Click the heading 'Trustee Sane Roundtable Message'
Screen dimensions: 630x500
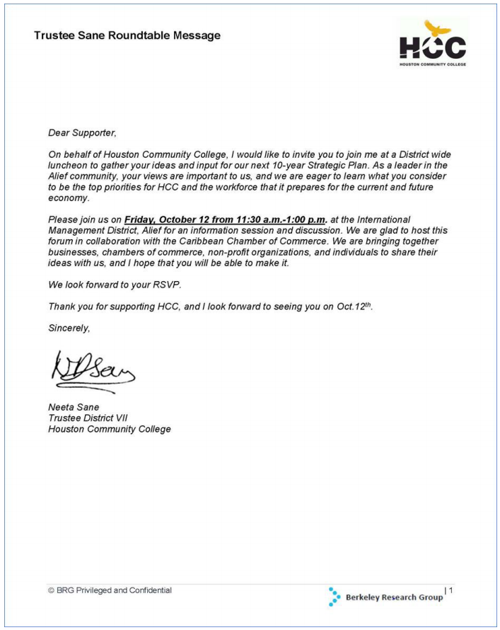coord(127,35)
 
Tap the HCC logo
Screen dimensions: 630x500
coord(432,44)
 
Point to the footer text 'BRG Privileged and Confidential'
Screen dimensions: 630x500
coord(113,590)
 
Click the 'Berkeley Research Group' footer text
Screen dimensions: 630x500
coord(394,597)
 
